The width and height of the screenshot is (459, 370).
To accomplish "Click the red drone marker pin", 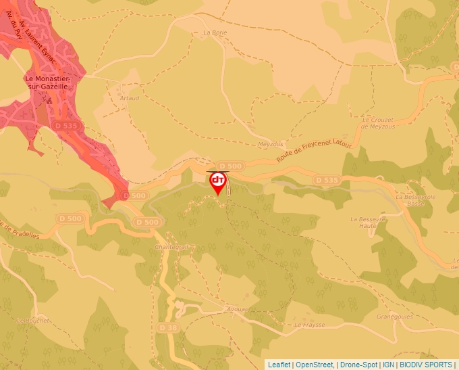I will (218, 182).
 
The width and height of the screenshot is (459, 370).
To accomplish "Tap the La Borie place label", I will (215, 32).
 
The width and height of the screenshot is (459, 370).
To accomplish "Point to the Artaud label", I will (129, 98).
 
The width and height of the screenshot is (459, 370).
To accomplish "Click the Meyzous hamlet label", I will (271, 144).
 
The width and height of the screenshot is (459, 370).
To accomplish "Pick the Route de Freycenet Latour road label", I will (315, 149).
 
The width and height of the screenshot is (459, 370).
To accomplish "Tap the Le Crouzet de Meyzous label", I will (377, 122).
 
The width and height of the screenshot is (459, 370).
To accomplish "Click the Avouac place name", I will (238, 308).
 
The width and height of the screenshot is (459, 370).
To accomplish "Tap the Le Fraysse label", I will (310, 325).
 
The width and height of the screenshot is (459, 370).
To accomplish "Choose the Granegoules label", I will (394, 316).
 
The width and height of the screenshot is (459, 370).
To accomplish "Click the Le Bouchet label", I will (32, 320).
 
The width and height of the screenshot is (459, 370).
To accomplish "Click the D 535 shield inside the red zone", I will (66, 125).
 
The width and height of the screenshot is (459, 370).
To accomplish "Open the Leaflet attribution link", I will (278, 365).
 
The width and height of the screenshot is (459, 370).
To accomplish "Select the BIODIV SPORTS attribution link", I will (426, 365).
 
